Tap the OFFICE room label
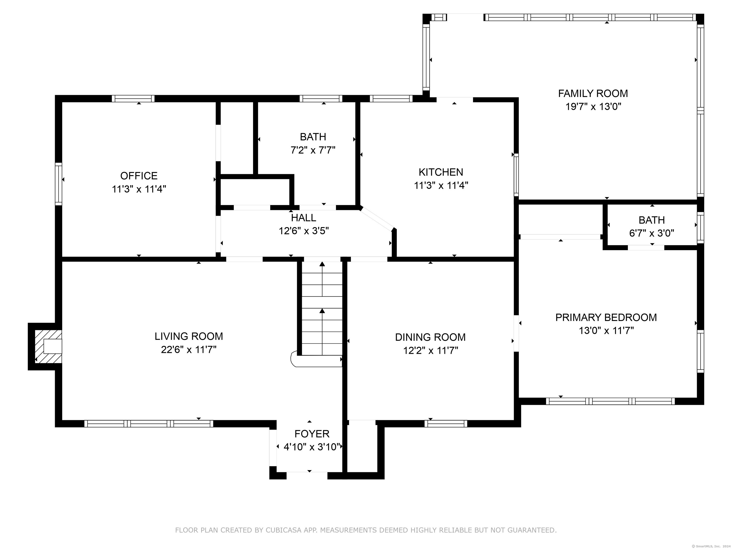point(139,176)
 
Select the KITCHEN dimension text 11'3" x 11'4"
point(441,185)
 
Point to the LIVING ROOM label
point(189,336)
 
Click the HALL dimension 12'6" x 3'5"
point(304,231)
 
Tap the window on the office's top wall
point(133,99)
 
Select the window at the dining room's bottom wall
point(446,424)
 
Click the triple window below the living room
point(149,424)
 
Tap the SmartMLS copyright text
point(711,546)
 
